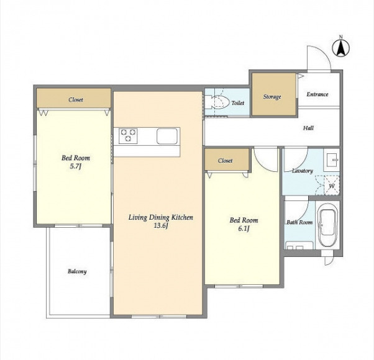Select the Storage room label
[x=272, y=97]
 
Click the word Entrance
[x=317, y=94]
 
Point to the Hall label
[x=308, y=128]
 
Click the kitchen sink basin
[x=167, y=137]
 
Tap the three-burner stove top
[x=129, y=136]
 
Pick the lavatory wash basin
[x=332, y=160]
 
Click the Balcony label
[x=77, y=271]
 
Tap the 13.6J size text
[x=161, y=226]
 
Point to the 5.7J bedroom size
[x=76, y=166]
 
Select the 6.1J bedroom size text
[x=244, y=228]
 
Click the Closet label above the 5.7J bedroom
[x=76, y=99]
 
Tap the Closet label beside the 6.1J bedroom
[x=225, y=161]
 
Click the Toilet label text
[x=238, y=103]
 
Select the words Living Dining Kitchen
[x=161, y=217]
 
